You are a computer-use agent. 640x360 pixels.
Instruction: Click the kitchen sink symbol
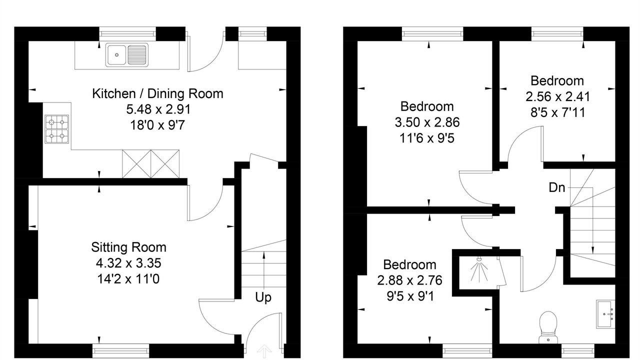[x=127, y=55]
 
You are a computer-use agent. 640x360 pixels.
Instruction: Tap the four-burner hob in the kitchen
[x=57, y=129]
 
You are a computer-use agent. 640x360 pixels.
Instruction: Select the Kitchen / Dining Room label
[x=157, y=93]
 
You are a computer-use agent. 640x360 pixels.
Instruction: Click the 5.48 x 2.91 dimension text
[x=158, y=109]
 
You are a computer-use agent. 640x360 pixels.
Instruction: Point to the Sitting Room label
[x=128, y=247]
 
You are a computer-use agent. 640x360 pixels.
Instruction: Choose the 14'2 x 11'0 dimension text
[x=128, y=279]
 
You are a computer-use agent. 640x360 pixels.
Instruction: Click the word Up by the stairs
[x=263, y=297]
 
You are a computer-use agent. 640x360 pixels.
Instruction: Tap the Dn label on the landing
[x=557, y=187]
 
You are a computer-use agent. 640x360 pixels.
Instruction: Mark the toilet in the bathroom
[x=548, y=327]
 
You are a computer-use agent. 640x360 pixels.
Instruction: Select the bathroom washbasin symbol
[x=605, y=314]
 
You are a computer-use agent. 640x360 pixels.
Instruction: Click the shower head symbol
[x=479, y=270]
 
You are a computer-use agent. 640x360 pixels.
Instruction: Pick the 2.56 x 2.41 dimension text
[x=557, y=97]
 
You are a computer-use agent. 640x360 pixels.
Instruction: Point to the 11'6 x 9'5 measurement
[x=427, y=138]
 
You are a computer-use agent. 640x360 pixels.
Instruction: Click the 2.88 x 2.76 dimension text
[x=409, y=280]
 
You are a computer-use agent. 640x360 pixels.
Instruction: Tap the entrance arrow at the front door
[x=264, y=351]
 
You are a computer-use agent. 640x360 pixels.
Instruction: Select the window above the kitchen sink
[x=127, y=34]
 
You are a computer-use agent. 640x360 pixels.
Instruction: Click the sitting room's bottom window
[x=121, y=351]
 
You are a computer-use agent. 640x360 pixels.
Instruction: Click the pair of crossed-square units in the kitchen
[x=151, y=164]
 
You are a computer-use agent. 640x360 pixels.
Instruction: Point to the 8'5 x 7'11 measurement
[x=557, y=112]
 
